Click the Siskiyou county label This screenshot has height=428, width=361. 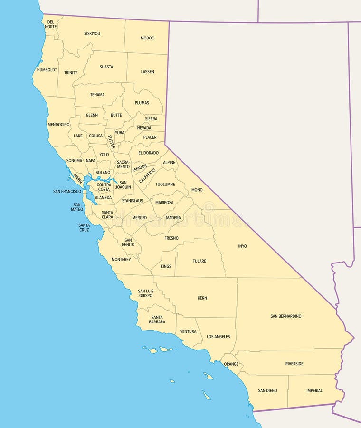tap(92, 34)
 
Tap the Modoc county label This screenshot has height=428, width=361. tap(147, 38)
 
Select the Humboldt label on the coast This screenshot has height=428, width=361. tap(47, 70)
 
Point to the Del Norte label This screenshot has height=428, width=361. tap(51, 24)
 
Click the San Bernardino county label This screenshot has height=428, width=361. tap(286, 316)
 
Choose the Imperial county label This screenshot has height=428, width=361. tap(314, 391)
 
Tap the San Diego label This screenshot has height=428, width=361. tap(267, 391)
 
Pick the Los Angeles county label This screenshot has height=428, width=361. tap(218, 337)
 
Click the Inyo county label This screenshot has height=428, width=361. tap(243, 246)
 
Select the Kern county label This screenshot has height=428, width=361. tap(202, 298)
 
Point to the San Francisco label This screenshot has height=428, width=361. tap(67, 191)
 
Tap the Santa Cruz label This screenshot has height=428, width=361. tap(84, 227)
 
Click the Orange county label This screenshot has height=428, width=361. tap(231, 364)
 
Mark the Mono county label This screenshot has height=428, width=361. tap(197, 190)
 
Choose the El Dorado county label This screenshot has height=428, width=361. tap(148, 153)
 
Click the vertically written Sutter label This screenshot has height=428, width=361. tap(111, 142)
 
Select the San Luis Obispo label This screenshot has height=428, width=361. tap(145, 293)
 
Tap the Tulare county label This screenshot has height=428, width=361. tap(199, 261)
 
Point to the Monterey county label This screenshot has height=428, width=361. tap(121, 260)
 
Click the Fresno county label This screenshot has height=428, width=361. tap(171, 238)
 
